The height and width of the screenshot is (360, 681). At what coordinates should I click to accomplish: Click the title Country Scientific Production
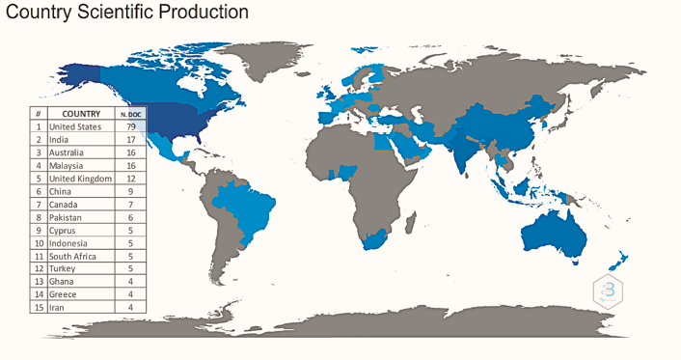coord(127,13)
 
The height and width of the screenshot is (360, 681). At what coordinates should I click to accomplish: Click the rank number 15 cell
coord(38,307)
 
